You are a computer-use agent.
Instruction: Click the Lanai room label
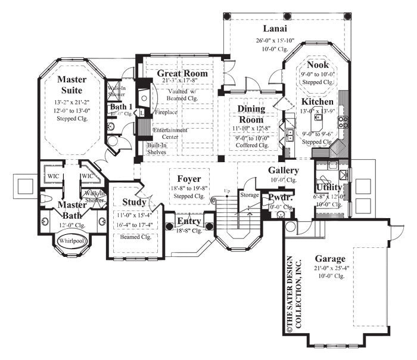[x=276, y=29]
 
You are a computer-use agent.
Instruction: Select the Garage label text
[x=331, y=259]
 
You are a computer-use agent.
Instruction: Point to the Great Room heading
[x=182, y=73]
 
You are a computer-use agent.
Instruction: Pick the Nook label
[x=318, y=64]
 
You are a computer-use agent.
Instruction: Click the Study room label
[x=134, y=202]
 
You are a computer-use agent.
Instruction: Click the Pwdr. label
[x=279, y=197]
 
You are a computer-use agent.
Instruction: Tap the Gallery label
[x=284, y=170]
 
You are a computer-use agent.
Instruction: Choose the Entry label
[x=190, y=222]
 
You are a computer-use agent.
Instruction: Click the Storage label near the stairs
[x=248, y=194]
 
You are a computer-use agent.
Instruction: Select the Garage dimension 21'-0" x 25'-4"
[x=330, y=270]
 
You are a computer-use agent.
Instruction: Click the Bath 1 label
[x=121, y=107]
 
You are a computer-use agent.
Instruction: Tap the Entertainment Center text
[x=170, y=133]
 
